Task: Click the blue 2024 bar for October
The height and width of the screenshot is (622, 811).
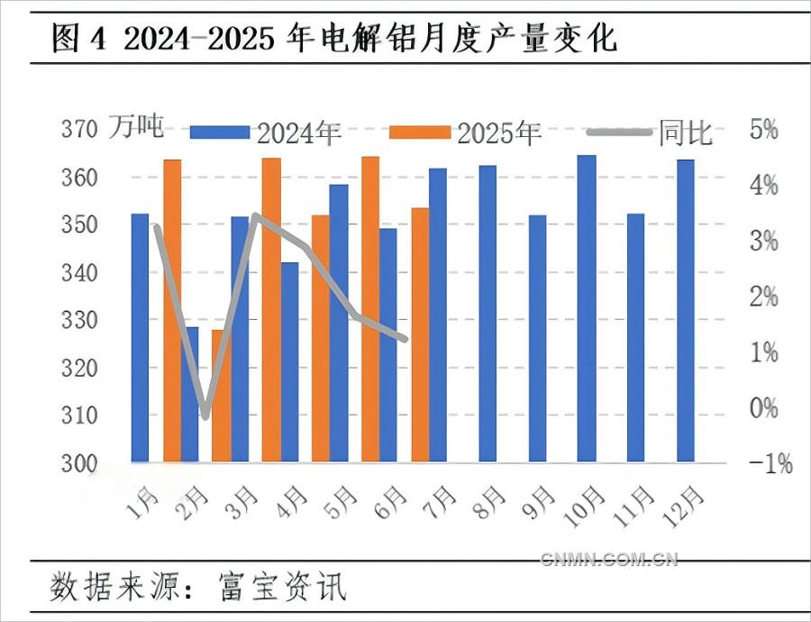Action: click(x=587, y=309)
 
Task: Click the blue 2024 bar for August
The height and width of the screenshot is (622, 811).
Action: click(x=487, y=314)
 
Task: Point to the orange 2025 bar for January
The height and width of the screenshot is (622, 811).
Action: click(x=172, y=311)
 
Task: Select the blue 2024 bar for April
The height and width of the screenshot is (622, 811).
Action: click(x=289, y=362)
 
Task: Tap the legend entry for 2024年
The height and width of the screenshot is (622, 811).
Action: click(x=267, y=133)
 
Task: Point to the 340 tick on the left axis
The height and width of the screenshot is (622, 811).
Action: click(x=78, y=272)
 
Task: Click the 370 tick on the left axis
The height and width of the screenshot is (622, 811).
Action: click(x=78, y=129)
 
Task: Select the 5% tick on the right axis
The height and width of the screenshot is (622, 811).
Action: click(x=763, y=129)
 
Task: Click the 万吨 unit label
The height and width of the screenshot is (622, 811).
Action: click(x=137, y=128)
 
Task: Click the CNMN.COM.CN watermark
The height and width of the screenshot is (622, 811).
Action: click(x=609, y=560)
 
